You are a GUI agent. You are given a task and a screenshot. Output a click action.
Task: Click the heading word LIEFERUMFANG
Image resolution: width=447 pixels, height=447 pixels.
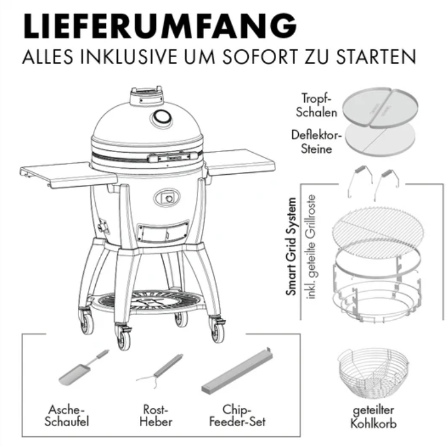click(160, 26)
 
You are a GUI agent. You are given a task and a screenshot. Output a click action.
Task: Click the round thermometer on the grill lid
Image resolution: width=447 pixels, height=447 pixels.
click(161, 117)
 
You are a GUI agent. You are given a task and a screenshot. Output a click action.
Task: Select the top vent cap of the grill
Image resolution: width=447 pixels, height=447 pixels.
click(146, 96)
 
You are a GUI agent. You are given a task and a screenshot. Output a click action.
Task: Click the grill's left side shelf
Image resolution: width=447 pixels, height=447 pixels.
click(68, 175)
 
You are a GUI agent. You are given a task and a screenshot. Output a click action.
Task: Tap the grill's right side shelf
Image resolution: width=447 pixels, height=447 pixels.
click(240, 161)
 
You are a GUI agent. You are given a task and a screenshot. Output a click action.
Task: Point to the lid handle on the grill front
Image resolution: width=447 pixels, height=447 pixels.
click(173, 156)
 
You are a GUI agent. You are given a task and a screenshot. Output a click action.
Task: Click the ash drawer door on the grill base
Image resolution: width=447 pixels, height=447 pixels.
click(163, 231)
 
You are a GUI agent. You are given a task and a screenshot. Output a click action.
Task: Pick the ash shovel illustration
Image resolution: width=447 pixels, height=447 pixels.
click(83, 368)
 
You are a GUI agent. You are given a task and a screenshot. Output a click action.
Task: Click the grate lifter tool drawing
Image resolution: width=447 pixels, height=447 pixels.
click(160, 370)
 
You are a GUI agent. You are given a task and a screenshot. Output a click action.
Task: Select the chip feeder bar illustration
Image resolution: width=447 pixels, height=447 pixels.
click(237, 370)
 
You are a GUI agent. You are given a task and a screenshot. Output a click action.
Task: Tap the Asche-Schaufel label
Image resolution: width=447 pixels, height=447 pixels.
click(67, 415)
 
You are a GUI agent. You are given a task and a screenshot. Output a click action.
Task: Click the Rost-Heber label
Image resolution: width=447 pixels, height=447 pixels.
click(155, 415)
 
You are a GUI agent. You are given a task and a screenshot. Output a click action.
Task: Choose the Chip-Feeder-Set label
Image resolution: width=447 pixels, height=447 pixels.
click(237, 415)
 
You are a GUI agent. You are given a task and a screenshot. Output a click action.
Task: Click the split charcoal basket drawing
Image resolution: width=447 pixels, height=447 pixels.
click(374, 373)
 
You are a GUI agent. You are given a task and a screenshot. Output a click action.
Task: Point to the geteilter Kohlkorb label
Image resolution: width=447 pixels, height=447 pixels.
click(373, 417)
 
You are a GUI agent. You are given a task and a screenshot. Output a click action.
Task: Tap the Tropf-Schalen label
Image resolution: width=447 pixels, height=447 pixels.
click(316, 105)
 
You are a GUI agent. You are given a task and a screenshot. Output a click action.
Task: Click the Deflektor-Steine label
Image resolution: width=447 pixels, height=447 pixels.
click(316, 141)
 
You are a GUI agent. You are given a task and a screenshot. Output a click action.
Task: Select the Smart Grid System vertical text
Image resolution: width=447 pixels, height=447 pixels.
click(291, 246)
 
